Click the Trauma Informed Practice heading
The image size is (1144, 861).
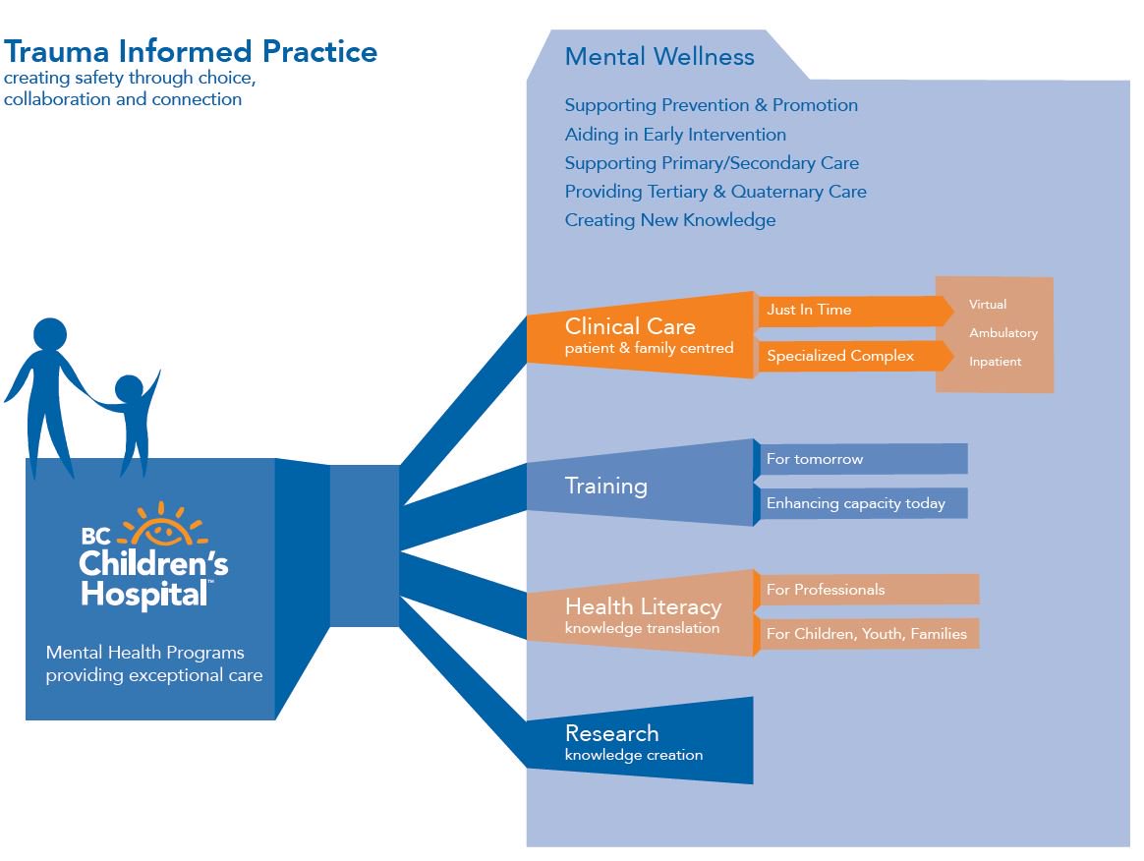(x=191, y=51)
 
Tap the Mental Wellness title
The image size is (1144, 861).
(x=659, y=56)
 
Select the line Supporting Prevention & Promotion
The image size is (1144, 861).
(x=711, y=105)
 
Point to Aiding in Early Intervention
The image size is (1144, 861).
(x=675, y=135)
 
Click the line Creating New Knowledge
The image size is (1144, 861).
(x=669, y=220)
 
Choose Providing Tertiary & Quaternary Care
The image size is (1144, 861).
(x=715, y=192)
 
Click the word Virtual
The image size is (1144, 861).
(x=988, y=305)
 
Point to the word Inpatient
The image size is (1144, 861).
(x=995, y=362)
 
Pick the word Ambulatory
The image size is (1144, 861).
(x=1002, y=333)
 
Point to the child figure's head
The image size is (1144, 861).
(x=129, y=390)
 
